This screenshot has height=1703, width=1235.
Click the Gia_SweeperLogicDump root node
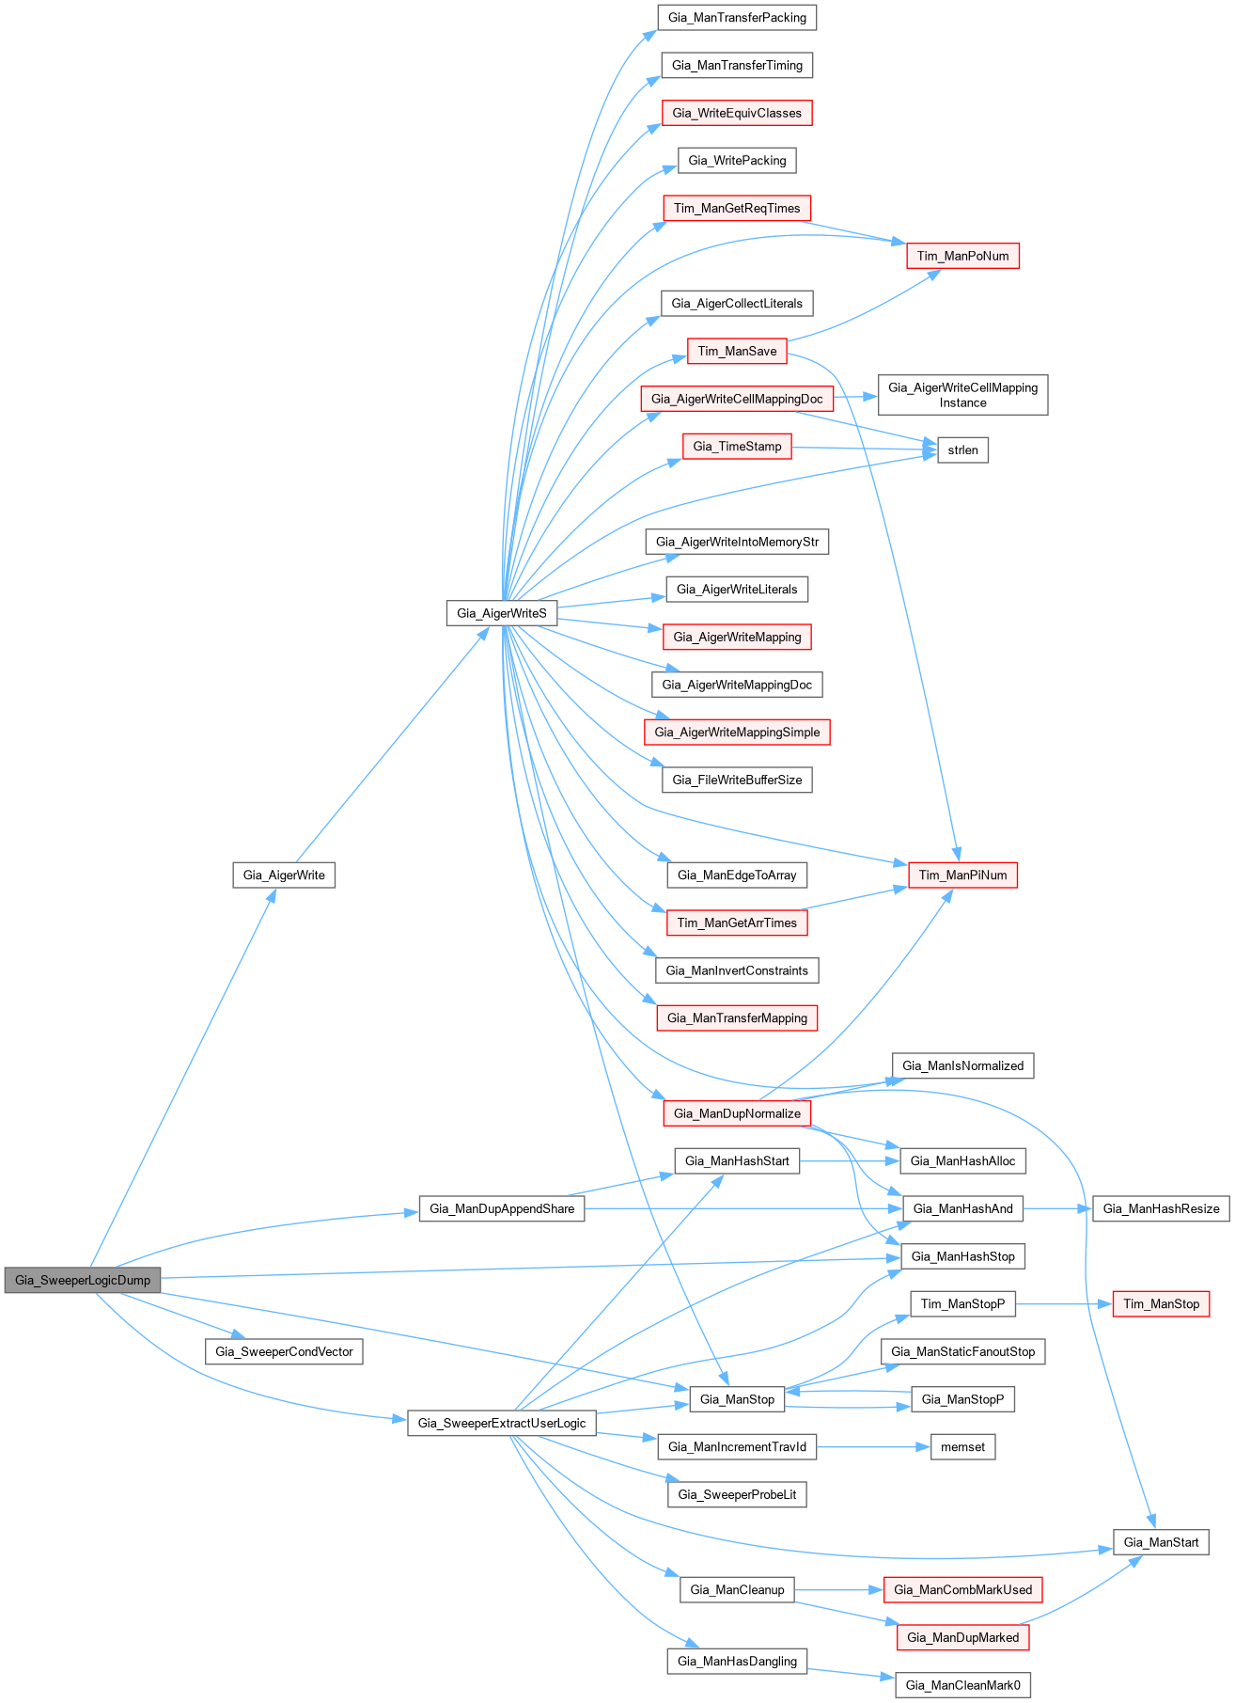point(83,1280)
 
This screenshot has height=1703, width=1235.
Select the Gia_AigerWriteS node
point(501,613)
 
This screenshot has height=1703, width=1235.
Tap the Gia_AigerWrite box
point(284,875)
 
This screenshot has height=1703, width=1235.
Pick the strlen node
point(962,449)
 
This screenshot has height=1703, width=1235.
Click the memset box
point(962,1446)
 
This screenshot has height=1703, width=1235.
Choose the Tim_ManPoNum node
point(962,256)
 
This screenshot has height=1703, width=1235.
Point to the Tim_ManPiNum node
point(962,875)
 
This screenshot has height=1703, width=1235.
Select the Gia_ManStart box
point(1161,1541)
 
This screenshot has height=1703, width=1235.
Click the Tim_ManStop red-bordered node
point(1161,1303)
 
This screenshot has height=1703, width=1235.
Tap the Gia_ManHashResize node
point(1161,1208)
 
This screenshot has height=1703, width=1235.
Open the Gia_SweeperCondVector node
point(284,1351)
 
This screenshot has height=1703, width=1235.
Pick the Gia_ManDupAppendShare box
point(502,1208)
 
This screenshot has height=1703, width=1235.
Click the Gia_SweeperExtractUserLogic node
point(502,1423)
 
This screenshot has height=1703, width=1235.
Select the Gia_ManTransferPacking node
point(737,17)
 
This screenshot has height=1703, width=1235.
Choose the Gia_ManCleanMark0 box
point(962,1684)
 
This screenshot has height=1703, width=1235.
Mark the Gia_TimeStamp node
point(737,446)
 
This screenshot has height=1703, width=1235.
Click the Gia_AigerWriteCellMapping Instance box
point(962,395)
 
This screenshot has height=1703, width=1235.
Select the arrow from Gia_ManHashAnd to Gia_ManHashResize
point(1057,1208)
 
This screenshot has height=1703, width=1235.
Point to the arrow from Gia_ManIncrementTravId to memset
point(873,1446)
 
